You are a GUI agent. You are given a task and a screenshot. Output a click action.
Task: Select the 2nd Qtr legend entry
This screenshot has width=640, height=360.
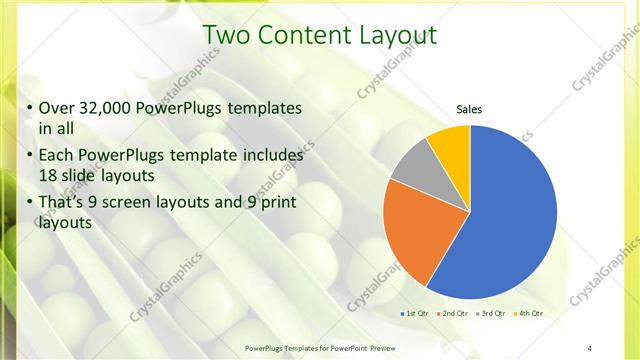click(x=455, y=314)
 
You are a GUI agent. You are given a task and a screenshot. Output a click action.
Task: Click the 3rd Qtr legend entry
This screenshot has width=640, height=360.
click(x=493, y=314)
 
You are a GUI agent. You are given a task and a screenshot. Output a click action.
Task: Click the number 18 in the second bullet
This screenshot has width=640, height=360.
click(x=48, y=175)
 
